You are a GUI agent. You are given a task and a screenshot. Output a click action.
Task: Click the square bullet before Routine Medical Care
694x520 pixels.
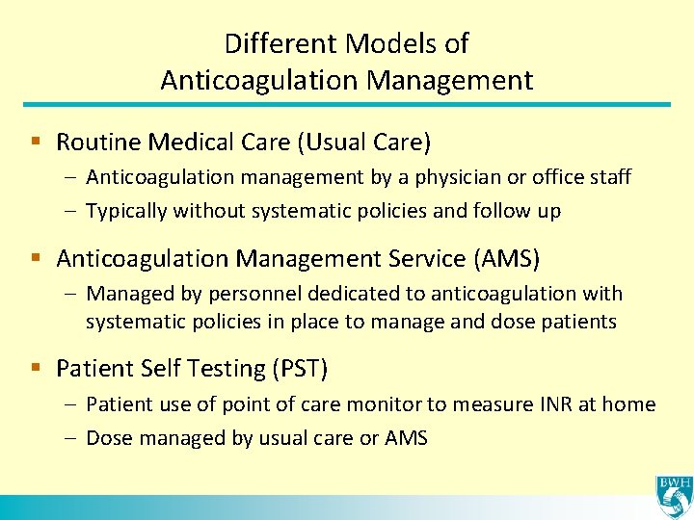tap(36, 143)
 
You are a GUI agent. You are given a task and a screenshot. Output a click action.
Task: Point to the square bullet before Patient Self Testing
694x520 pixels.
tap(36, 368)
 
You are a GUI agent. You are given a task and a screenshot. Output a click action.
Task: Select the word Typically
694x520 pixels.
tap(126, 211)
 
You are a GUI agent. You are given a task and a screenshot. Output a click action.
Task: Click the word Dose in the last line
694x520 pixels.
tap(109, 438)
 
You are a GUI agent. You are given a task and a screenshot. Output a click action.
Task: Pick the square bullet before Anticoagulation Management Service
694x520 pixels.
tap(36, 258)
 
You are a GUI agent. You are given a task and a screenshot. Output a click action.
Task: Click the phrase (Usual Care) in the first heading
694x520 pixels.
tap(363, 143)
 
